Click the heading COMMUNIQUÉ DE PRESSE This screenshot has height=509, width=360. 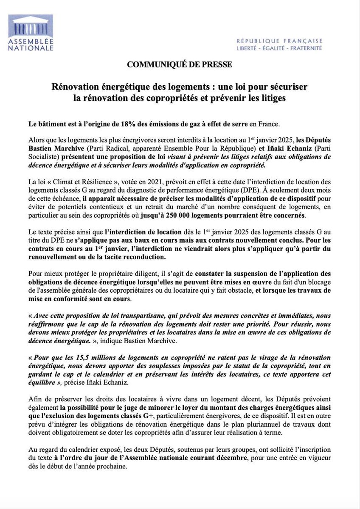(x=180, y=65)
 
